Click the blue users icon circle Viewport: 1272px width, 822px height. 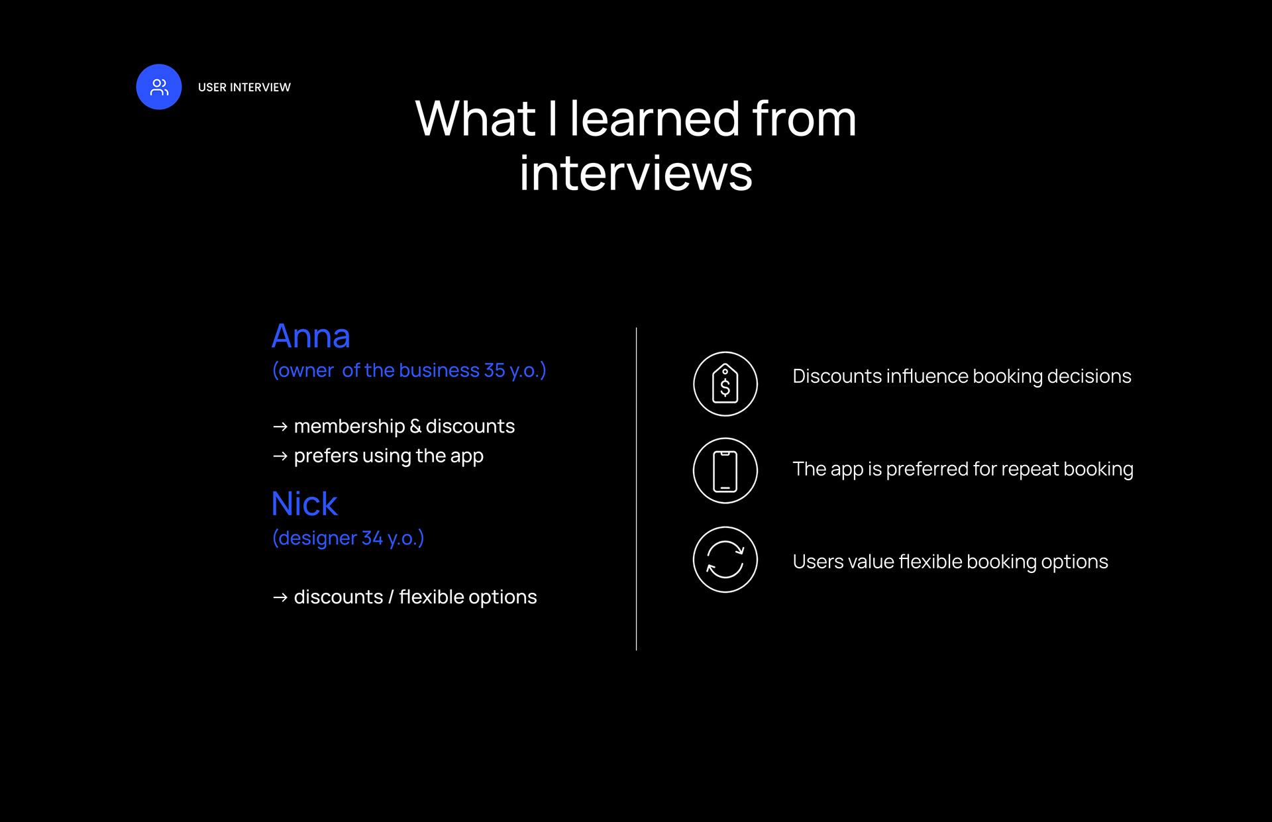point(159,87)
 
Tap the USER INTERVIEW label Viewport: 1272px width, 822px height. point(244,87)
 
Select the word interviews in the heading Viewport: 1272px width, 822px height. point(636,173)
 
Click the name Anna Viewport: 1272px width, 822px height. point(311,336)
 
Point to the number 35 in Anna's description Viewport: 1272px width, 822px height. point(494,370)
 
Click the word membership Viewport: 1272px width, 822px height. point(349,426)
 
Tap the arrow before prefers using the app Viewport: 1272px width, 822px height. point(280,456)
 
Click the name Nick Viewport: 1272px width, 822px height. point(305,503)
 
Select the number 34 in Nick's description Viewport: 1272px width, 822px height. point(372,538)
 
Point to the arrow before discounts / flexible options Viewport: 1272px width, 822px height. point(280,597)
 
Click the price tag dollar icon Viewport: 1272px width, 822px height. point(725,384)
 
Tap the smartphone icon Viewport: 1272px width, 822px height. point(725,471)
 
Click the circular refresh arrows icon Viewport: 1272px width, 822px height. point(725,560)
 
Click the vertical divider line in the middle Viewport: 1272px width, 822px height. point(636,489)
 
